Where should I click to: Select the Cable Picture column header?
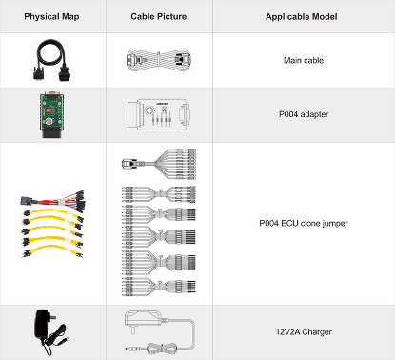coord(158,18)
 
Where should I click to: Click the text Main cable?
coord(304,60)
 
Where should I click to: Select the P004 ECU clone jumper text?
coord(304,224)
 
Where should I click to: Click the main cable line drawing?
coord(158,59)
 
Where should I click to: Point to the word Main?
coord(291,60)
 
